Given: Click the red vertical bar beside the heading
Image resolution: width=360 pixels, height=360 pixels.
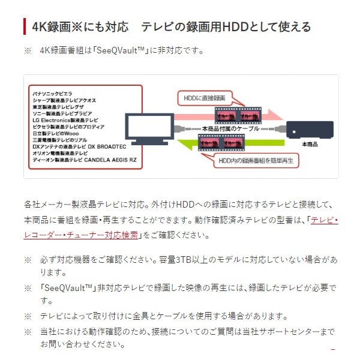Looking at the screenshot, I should click(25, 27).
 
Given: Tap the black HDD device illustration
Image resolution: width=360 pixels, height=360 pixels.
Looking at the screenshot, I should click(309, 130).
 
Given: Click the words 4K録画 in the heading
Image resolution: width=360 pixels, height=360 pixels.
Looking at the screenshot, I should click(49, 27).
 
